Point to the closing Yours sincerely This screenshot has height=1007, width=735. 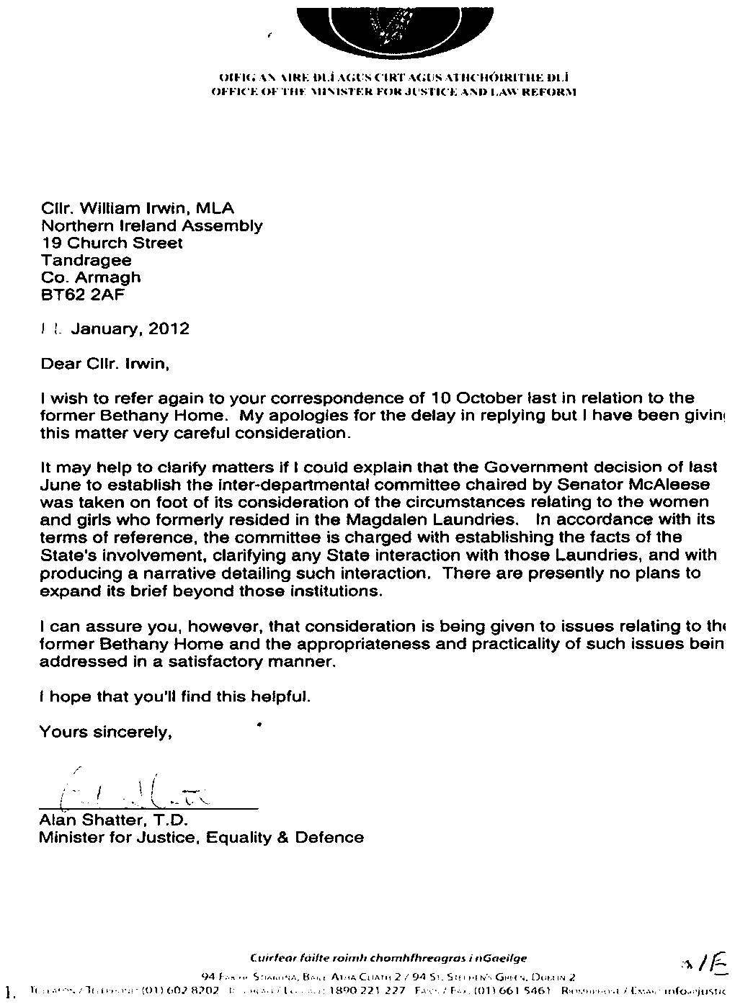pyautogui.click(x=106, y=733)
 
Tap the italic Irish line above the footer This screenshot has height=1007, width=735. pyautogui.click(x=388, y=958)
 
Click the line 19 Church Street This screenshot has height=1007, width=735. pyautogui.click(x=112, y=243)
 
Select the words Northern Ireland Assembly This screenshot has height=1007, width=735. pyautogui.click(x=151, y=225)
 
